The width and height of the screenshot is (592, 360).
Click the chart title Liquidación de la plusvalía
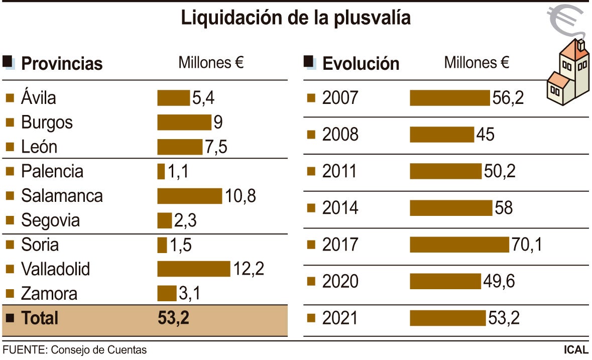pos(296,18)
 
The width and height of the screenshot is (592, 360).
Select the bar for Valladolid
pos(193,269)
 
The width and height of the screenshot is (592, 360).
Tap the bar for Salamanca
pos(189,196)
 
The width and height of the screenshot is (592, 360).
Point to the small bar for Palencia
pos(161,172)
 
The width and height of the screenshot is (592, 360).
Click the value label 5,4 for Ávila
pos(203,98)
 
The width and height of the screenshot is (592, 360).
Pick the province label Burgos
pos(47,123)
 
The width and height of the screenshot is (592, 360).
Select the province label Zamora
pos(49,294)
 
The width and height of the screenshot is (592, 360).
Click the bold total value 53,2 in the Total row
pos(173,318)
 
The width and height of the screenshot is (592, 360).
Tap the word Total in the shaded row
pos(40,318)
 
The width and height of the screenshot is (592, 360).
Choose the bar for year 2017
pos(459,245)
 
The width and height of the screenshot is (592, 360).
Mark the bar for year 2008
pos(442,135)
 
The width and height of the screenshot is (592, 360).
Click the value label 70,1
pos(527,245)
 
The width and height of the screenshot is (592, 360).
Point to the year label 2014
pos(340,208)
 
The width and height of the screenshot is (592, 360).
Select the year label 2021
pos(340,318)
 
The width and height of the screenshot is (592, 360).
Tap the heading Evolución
pos(361,64)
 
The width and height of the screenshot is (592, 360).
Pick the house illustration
pos(568,73)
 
